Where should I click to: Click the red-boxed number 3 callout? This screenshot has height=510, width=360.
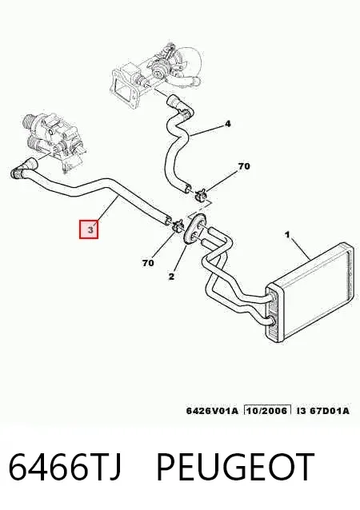pyautogui.click(x=89, y=229)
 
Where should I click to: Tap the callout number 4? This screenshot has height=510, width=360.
pyautogui.click(x=227, y=124)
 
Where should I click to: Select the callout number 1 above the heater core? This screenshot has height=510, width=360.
pyautogui.click(x=287, y=234)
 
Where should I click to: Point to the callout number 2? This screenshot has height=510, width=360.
pyautogui.click(x=171, y=277)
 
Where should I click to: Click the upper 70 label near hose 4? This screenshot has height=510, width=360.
pyautogui.click(x=244, y=166)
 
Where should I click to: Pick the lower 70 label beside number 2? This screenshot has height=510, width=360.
pyautogui.click(x=148, y=263)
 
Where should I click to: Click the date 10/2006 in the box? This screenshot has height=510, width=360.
pyautogui.click(x=267, y=410)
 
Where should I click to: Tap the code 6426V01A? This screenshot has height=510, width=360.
pyautogui.click(x=212, y=410)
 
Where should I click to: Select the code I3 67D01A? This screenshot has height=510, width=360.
pyautogui.click(x=323, y=410)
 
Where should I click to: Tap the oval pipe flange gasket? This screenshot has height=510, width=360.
pyautogui.click(x=194, y=229)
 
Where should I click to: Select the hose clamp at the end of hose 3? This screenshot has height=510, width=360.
pyautogui.click(x=178, y=225)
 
